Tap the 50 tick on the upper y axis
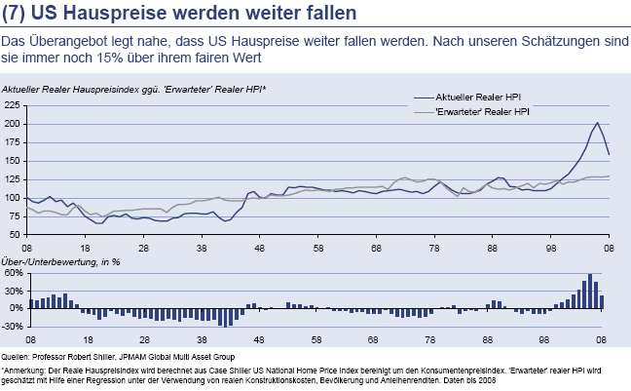pos(14,235)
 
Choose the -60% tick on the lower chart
pos(13,325)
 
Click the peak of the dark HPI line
pos(596,123)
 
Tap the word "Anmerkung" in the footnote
pos(24,371)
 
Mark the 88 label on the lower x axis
pos(494,338)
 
